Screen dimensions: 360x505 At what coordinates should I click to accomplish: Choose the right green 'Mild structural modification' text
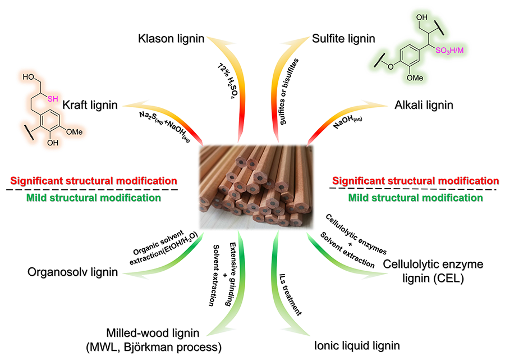point(415,198)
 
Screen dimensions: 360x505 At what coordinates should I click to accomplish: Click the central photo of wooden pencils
point(256,182)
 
